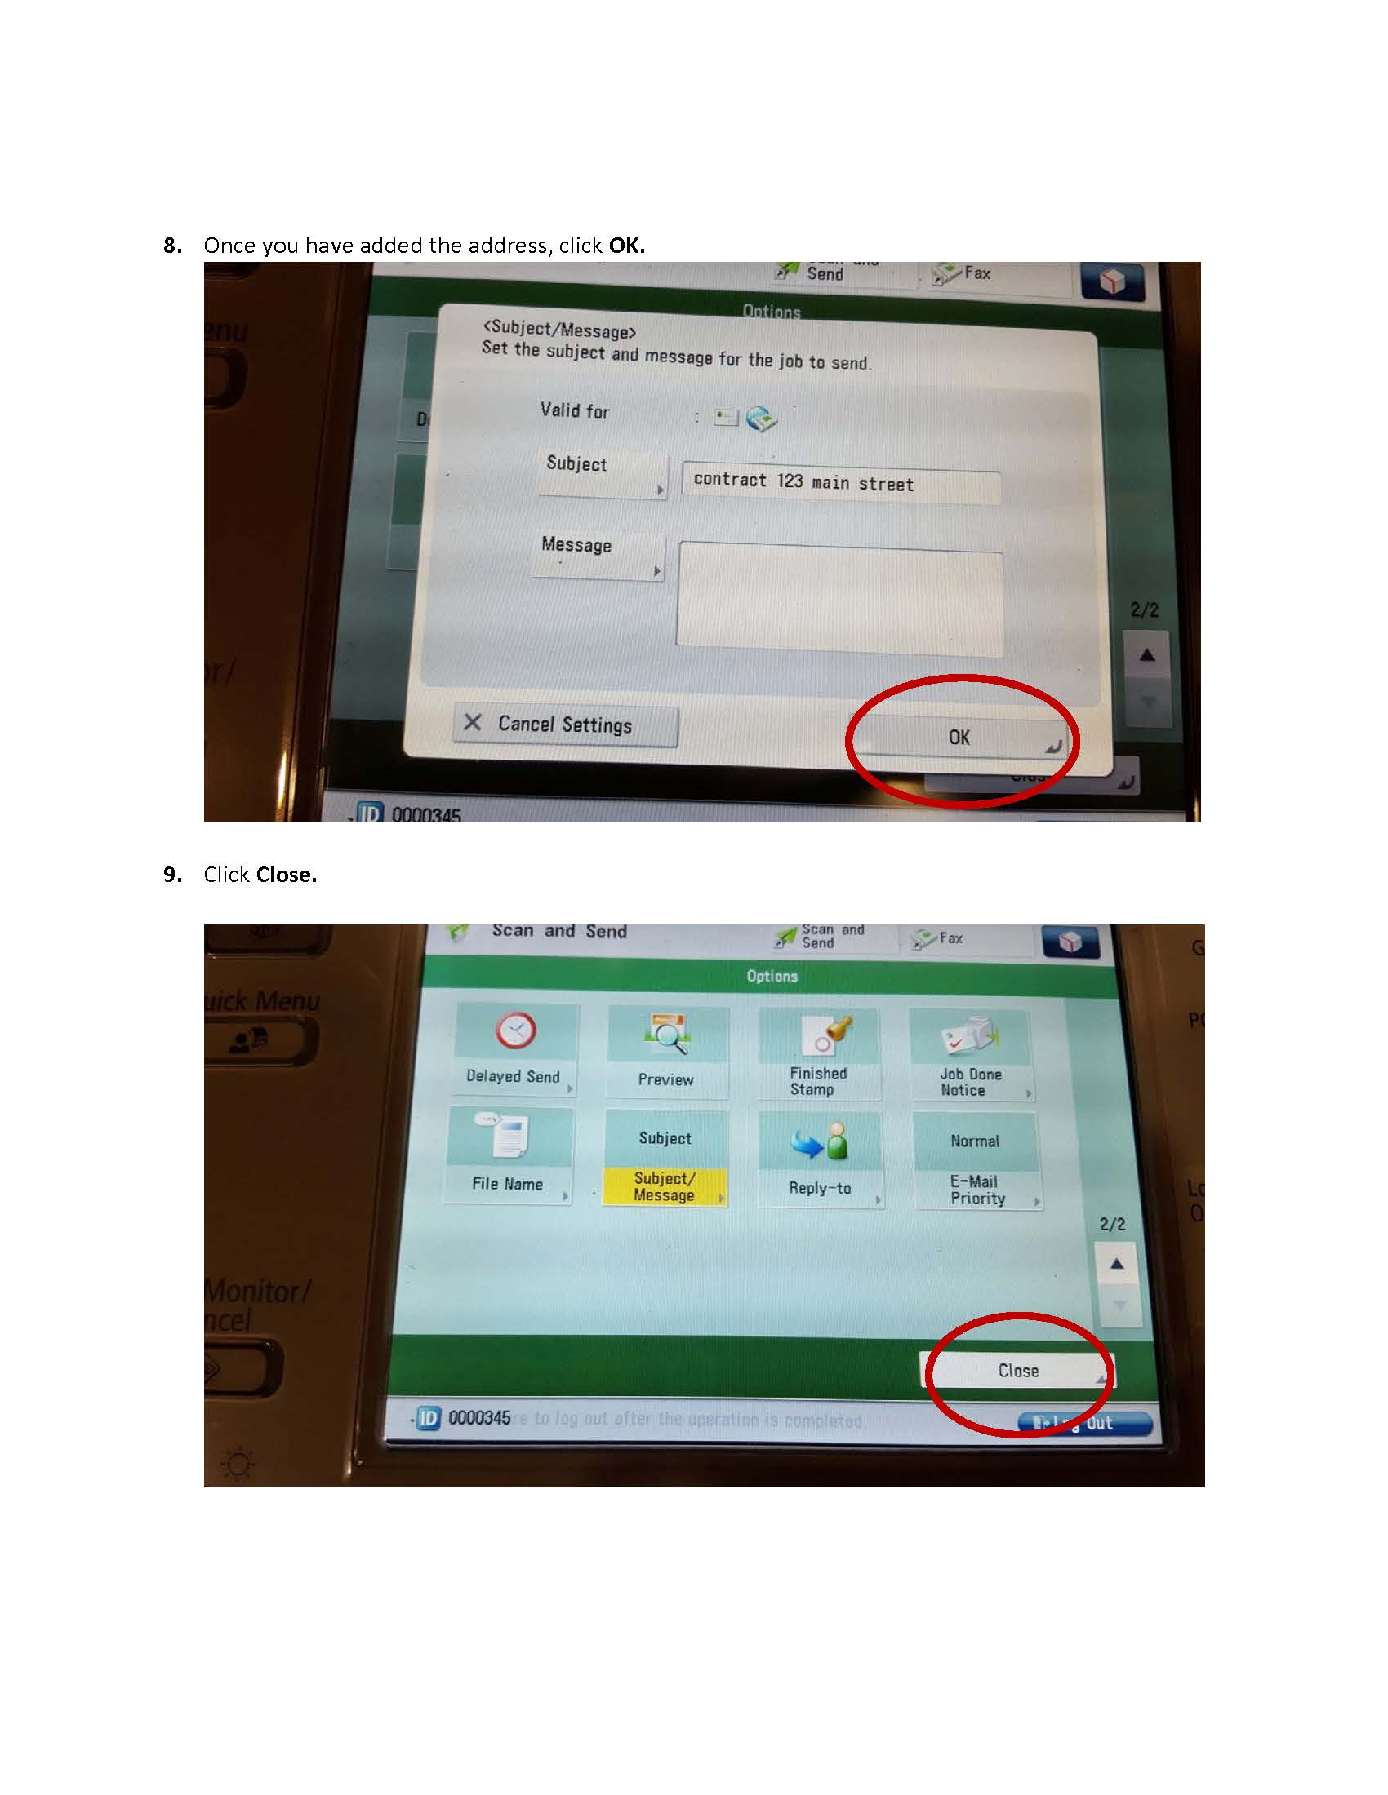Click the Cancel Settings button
(x=565, y=725)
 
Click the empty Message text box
(x=839, y=601)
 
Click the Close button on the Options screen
(x=1018, y=1370)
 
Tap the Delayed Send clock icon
(x=515, y=1030)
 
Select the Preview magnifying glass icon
(x=668, y=1034)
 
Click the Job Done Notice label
(x=970, y=1082)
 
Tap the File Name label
(x=507, y=1184)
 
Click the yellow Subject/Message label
(x=665, y=1187)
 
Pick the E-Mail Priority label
(x=976, y=1190)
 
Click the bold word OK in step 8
(x=626, y=246)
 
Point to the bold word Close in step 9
(x=286, y=875)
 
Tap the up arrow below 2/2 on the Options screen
(x=1117, y=1263)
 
